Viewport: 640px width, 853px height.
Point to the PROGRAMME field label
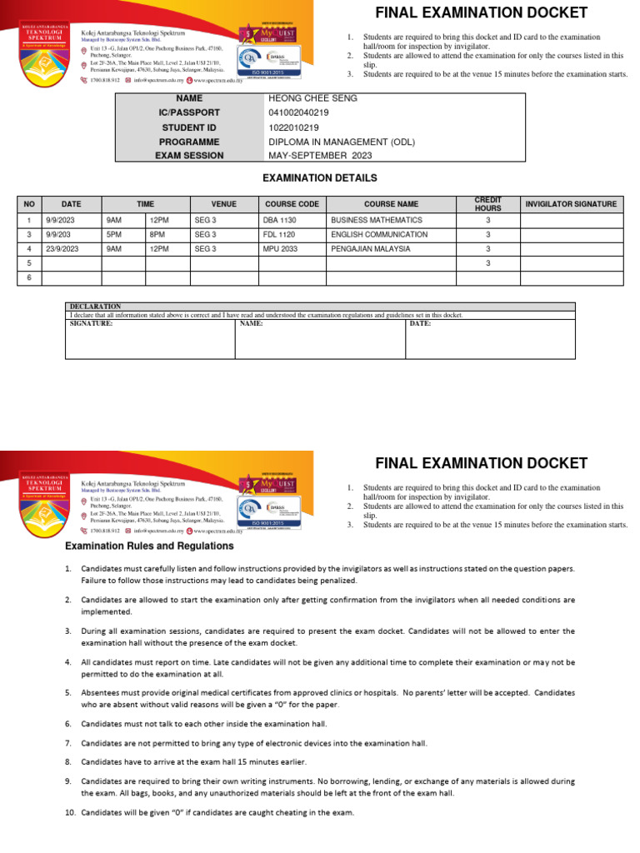pyautogui.click(x=189, y=142)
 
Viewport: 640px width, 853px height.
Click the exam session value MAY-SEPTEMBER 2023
pyautogui.click(x=315, y=156)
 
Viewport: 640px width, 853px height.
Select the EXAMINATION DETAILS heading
pyautogui.click(x=320, y=178)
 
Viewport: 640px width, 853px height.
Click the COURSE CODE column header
pyautogui.click(x=292, y=204)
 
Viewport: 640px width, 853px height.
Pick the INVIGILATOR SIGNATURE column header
pyautogui.click(x=571, y=204)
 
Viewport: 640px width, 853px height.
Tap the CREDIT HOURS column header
pyautogui.click(x=488, y=204)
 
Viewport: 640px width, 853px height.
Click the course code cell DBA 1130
pyautogui.click(x=279, y=220)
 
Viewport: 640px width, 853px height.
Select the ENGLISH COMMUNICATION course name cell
pyautogui.click(x=379, y=235)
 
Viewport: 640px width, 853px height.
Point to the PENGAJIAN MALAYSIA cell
pyautogui.click(x=370, y=249)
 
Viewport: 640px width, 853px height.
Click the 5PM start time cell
pyautogui.click(x=114, y=235)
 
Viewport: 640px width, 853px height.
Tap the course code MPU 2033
pyautogui.click(x=279, y=249)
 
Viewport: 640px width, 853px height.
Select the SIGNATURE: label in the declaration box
pyautogui.click(x=91, y=323)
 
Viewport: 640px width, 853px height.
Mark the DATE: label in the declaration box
pyautogui.click(x=420, y=323)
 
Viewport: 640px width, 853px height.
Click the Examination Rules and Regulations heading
pyautogui.click(x=150, y=546)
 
